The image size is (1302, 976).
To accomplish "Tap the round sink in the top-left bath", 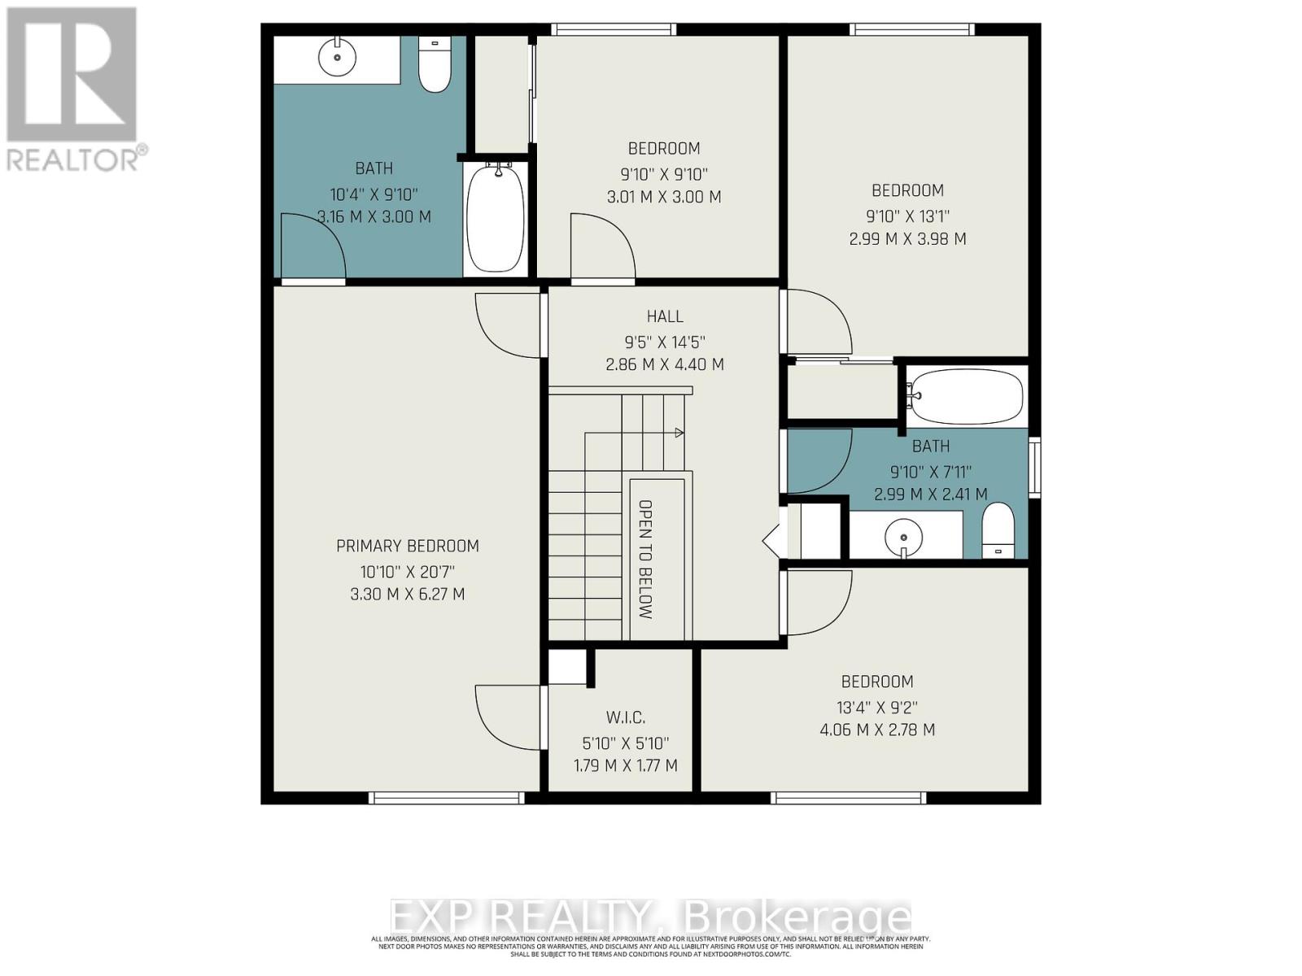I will pyautogui.click(x=337, y=57).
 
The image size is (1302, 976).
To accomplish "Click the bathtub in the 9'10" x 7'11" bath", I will pyautogui.click(x=965, y=395).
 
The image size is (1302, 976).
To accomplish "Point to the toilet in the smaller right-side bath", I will pyautogui.click(x=998, y=530).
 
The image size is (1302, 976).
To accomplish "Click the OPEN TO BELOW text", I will pyautogui.click(x=645, y=560).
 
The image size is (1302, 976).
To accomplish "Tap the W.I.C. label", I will pyautogui.click(x=626, y=717).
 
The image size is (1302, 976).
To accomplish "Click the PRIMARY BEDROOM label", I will pyautogui.click(x=408, y=546).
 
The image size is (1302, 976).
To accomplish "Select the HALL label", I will pyautogui.click(x=665, y=316).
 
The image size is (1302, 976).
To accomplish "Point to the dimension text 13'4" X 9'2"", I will pyautogui.click(x=877, y=707).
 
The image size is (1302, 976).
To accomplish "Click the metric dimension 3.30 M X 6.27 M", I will pyautogui.click(x=408, y=595).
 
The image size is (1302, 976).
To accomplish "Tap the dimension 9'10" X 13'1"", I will pyautogui.click(x=907, y=216).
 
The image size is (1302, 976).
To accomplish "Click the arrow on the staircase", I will pyautogui.click(x=678, y=434).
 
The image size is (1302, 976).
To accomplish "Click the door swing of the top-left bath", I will pyautogui.click(x=312, y=248).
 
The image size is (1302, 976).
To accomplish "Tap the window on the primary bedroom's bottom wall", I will pyautogui.click(x=446, y=798).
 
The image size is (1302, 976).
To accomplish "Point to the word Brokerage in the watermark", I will pyautogui.click(x=797, y=917).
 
